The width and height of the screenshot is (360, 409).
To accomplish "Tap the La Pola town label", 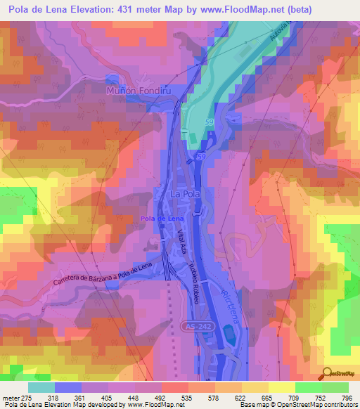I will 186,193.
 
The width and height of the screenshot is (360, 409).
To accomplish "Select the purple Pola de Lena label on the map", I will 157,219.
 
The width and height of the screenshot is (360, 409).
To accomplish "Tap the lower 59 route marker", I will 201,155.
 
